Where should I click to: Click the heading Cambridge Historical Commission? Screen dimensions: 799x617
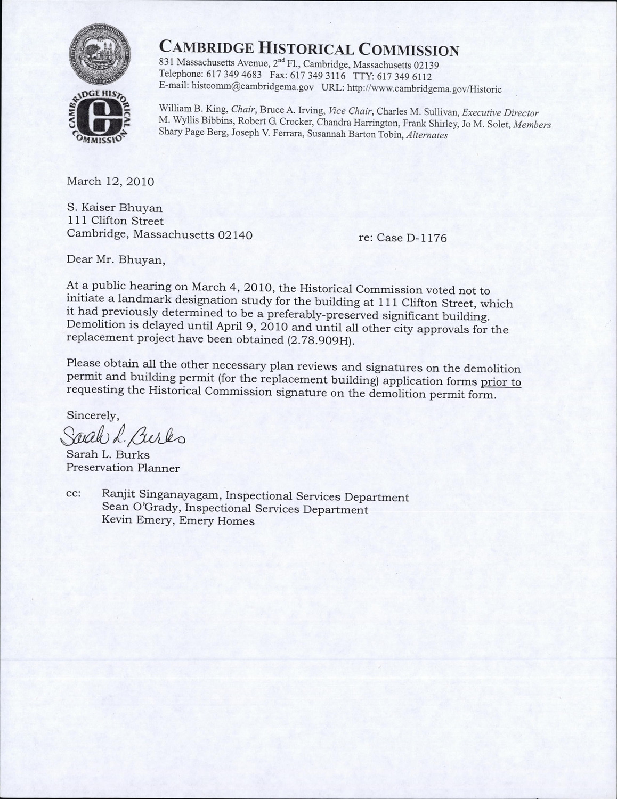309,49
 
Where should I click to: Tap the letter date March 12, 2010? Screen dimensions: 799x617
110,181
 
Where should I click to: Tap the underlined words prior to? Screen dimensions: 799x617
501,382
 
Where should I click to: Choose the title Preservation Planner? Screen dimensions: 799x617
123,468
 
